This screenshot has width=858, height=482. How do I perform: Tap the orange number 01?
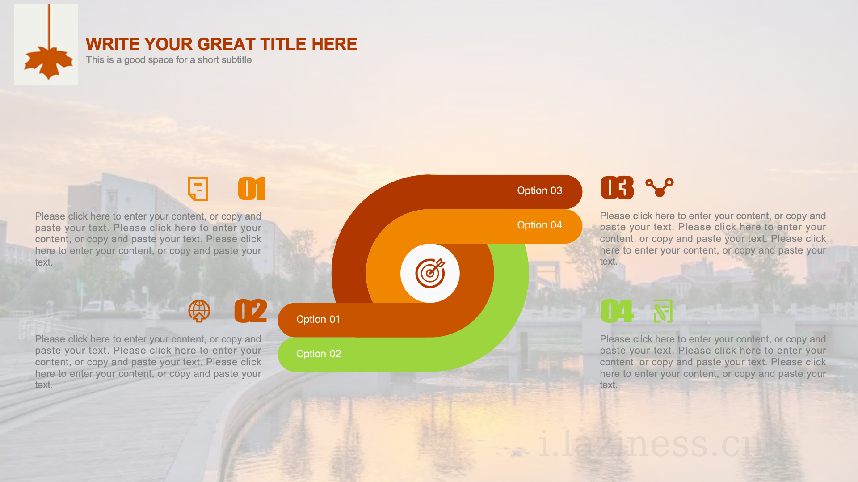tap(252, 188)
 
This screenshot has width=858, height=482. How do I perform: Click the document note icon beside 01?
tap(198, 189)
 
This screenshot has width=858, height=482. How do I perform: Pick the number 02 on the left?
tap(251, 311)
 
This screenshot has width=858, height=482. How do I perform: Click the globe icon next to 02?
tap(199, 311)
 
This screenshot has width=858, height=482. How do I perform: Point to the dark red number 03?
tap(617, 188)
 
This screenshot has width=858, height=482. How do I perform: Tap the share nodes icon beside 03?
tap(660, 187)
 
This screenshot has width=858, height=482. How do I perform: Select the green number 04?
tap(617, 311)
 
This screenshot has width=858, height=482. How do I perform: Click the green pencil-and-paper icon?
tap(663, 311)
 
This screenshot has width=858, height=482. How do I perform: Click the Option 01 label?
tap(318, 319)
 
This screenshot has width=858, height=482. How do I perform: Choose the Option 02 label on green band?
tap(319, 354)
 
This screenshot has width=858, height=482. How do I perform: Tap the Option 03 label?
tap(539, 190)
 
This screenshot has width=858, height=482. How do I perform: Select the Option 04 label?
tap(539, 225)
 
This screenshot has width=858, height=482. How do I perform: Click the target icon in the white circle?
tap(430, 273)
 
